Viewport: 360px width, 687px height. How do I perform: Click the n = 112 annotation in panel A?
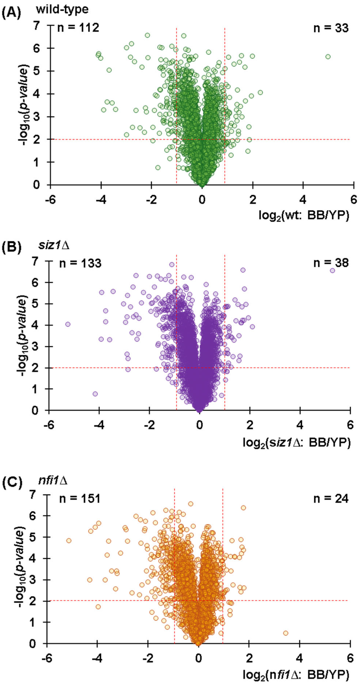point(78,28)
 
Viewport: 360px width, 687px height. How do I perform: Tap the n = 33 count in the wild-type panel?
point(331,28)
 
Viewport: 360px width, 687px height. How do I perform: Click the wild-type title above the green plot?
point(62,10)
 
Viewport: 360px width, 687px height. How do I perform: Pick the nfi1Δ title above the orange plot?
point(53,480)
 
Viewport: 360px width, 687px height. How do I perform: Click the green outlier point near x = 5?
point(328,57)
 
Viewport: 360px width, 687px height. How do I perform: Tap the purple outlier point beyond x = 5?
point(332,270)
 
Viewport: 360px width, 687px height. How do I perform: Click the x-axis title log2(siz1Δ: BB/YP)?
point(296,443)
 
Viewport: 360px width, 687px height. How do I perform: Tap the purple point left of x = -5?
point(68,324)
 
